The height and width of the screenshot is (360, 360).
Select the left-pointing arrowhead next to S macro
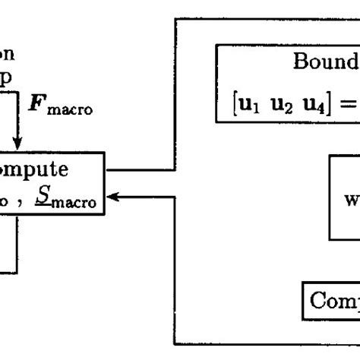point(115,197)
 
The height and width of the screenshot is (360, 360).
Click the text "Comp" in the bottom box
point(334,302)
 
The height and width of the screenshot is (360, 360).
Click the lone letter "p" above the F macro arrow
point(8,80)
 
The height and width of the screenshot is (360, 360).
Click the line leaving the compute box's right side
point(144,169)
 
